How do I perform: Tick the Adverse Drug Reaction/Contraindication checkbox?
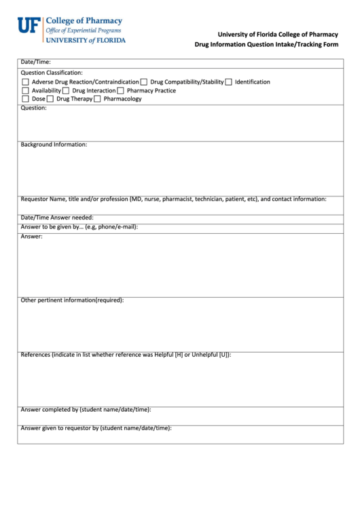26,82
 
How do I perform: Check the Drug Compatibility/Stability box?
144,82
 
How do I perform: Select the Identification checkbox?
229,82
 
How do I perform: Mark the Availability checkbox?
26,90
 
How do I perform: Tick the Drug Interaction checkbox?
66,90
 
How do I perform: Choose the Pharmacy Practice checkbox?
120,90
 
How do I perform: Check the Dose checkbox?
26,99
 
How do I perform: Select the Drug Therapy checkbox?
50,99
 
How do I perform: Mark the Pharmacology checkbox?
97,99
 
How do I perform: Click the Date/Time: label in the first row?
36,62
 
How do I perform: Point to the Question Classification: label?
52,73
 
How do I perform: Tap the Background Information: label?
54,145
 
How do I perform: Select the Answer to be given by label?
79,226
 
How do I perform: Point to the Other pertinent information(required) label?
72,300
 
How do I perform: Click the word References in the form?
35,355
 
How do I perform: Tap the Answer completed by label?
86,410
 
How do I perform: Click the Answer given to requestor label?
96,428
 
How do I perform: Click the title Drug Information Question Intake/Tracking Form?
266,45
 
